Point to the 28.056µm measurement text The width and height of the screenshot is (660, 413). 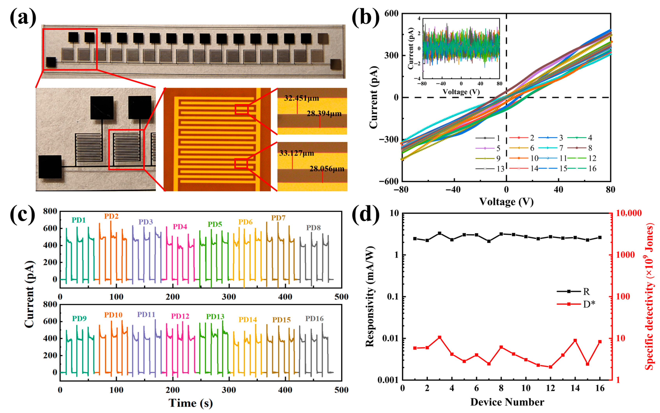tap(327, 169)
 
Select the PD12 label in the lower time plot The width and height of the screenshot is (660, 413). tap(180, 316)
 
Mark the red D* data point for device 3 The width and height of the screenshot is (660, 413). tap(440, 337)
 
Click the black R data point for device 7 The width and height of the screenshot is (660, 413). tap(489, 241)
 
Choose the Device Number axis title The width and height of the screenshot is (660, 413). tap(507, 402)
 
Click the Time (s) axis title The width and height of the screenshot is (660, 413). tap(191, 403)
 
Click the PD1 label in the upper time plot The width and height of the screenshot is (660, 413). tap(79, 220)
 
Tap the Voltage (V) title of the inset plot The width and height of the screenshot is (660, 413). tap(461, 92)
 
